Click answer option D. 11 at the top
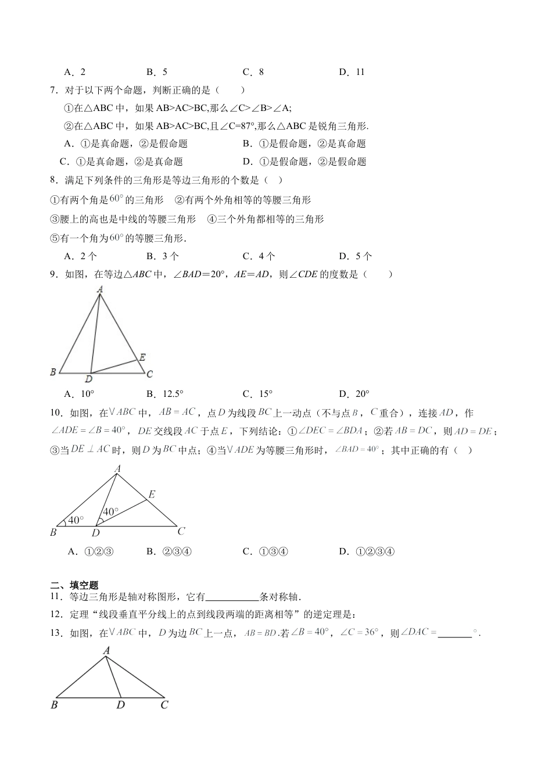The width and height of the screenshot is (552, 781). (352, 72)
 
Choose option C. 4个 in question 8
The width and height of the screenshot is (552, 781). (259, 256)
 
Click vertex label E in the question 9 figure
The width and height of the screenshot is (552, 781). (142, 357)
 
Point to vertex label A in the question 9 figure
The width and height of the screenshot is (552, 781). (100, 289)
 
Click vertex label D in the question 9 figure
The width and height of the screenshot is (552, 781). (88, 379)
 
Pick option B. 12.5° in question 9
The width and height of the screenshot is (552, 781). (165, 394)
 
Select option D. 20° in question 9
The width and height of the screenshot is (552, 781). (354, 394)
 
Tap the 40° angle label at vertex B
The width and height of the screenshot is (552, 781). (76, 520)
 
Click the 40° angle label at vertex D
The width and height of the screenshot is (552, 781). (110, 511)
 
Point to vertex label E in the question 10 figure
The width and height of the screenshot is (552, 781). (152, 495)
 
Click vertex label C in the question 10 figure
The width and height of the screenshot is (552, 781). (181, 531)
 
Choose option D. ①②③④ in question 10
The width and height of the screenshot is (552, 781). (367, 551)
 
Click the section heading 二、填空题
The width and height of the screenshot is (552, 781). (75, 586)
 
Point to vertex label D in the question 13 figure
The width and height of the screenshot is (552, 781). (121, 705)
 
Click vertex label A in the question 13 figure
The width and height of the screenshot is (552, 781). (106, 651)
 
